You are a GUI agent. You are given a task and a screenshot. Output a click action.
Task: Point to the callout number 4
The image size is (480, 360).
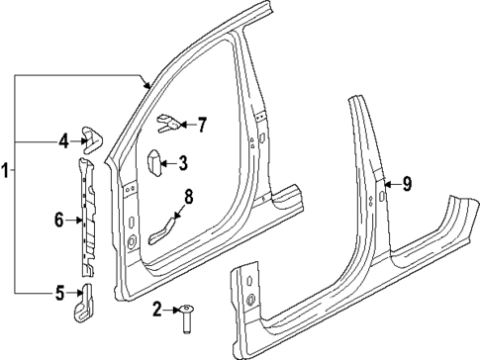pos(62,141)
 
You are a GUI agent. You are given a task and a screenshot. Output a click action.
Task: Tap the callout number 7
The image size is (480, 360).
pos(202,125)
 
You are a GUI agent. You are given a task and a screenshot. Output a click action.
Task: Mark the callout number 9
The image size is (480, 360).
pos(405,182)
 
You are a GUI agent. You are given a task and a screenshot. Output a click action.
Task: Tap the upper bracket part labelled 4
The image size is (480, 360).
pos(91,138)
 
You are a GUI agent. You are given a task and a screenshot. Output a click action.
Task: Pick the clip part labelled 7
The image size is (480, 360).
pos(168,125)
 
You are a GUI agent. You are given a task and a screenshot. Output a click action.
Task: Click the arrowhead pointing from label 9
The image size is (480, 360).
pos(387,182)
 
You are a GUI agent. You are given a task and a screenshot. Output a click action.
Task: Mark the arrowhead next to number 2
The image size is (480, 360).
pos(175,310)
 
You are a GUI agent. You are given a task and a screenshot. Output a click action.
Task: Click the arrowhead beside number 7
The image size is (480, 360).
pos(185,125)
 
